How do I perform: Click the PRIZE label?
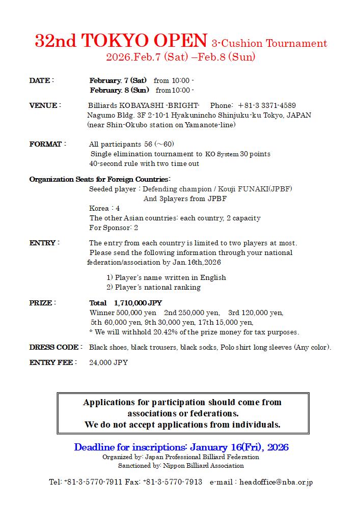click(41, 303)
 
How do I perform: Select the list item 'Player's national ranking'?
click(157, 287)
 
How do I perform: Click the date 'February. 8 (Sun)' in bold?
click(120, 90)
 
